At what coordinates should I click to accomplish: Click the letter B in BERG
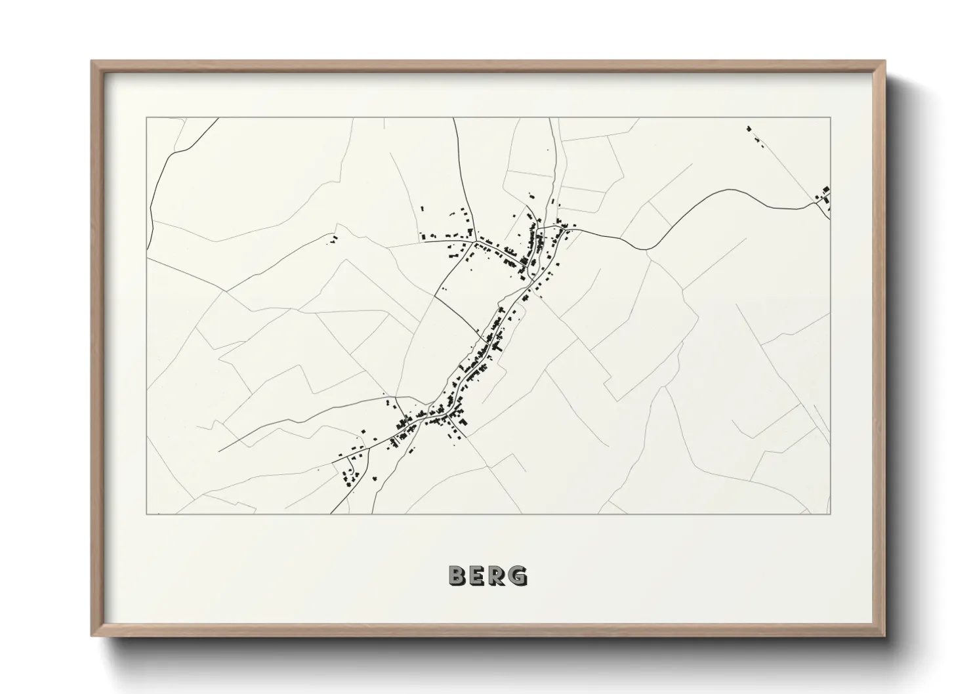pos(457,575)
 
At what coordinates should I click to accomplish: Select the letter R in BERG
pos(498,575)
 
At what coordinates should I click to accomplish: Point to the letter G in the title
pos(518,575)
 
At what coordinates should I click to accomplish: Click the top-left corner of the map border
pos(146,118)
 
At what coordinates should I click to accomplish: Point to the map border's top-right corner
pos(831,118)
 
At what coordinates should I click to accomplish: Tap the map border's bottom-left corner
pos(146,514)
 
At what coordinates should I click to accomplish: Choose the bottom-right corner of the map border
pos(831,514)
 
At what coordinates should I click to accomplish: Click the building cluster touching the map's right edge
pos(824,194)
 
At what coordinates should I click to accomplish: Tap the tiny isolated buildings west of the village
pos(333,239)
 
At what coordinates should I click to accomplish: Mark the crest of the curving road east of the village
pos(728,190)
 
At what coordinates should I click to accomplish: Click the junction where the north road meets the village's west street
pos(475,242)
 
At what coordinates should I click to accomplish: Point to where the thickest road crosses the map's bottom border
pos(331,513)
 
